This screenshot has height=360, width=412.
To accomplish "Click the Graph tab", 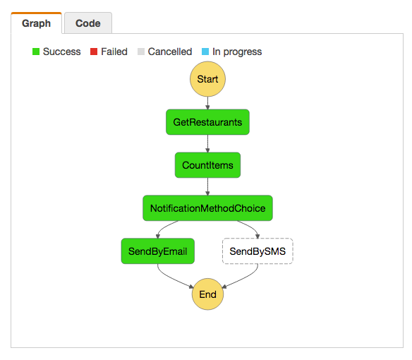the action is coord(36,23).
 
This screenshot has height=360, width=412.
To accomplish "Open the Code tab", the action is coord(88,23).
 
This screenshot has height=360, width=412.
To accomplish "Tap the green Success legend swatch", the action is coord(36,52).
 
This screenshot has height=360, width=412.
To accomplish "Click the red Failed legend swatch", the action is coord(94,52).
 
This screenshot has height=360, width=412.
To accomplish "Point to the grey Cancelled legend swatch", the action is coord(141,52).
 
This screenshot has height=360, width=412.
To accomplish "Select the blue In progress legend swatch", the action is coord(205,52).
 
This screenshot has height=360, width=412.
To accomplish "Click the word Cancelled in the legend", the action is coord(170,52).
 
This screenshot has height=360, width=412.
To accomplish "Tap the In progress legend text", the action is coord(237,52).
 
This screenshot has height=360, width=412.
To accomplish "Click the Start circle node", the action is coord(207,79).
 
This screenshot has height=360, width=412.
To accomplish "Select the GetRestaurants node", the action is coord(207,122).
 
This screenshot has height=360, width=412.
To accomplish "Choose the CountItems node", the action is coord(207,165).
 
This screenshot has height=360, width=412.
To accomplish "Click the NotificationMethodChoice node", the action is coord(207,208).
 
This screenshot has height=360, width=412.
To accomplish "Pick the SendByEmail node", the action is coord(157,251).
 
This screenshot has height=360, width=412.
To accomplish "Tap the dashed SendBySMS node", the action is coord(257,251).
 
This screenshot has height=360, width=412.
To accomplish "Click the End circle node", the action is coord(207,294).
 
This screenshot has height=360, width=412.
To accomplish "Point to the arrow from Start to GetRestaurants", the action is coord(207,103).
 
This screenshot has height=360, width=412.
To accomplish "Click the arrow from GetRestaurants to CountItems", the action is coord(207,143).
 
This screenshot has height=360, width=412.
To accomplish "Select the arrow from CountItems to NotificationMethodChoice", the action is coord(207,186).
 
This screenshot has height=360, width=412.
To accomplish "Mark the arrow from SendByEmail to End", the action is coord(171,279).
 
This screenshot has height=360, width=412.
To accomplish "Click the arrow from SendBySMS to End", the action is coord(244,279).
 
